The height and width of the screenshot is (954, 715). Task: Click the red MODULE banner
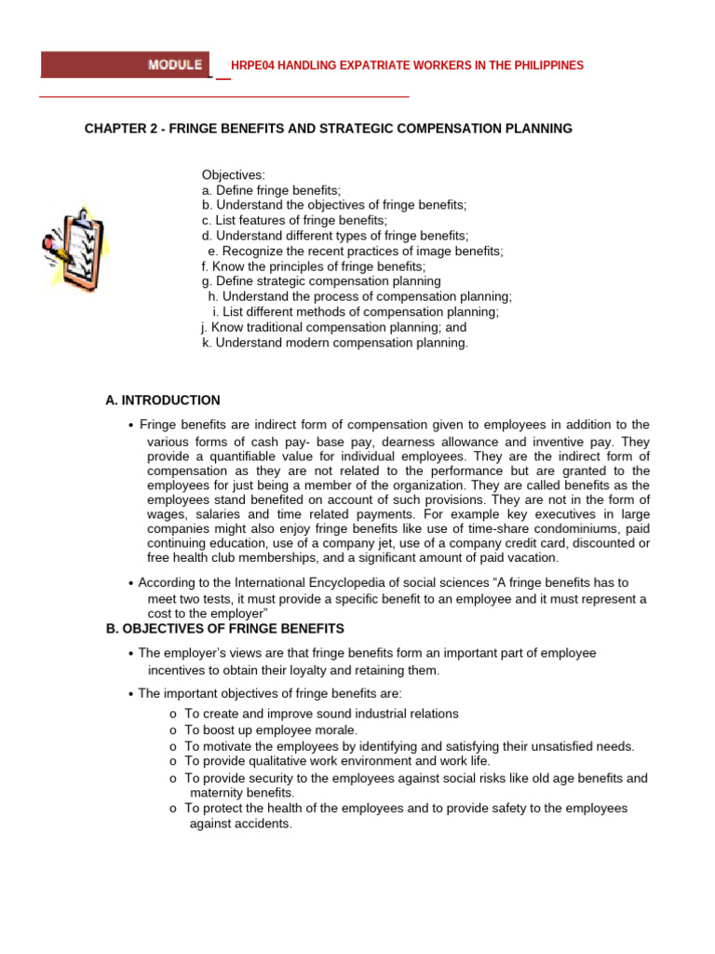pyautogui.click(x=126, y=64)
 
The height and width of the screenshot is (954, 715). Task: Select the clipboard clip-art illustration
pyautogui.click(x=75, y=251)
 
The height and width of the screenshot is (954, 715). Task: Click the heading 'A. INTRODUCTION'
pyautogui.click(x=163, y=401)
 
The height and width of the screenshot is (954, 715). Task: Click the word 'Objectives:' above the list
pyautogui.click(x=234, y=175)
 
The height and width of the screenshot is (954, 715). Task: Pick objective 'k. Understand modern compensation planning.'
pyautogui.click(x=335, y=343)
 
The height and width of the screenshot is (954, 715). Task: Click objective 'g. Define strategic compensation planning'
pyautogui.click(x=321, y=280)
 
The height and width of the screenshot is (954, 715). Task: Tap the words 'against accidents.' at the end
pyautogui.click(x=241, y=825)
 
